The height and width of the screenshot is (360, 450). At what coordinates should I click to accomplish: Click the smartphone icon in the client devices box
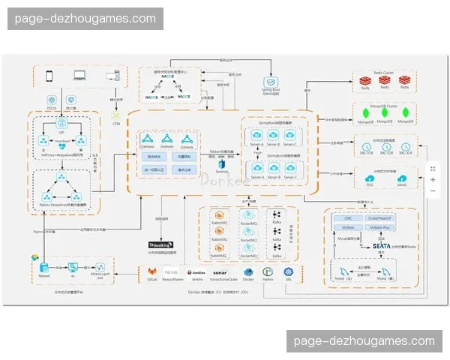tap(50, 76)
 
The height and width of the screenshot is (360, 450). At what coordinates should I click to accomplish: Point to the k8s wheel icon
tap(288, 271)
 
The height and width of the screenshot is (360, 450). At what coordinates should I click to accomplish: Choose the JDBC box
tap(348, 217)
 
